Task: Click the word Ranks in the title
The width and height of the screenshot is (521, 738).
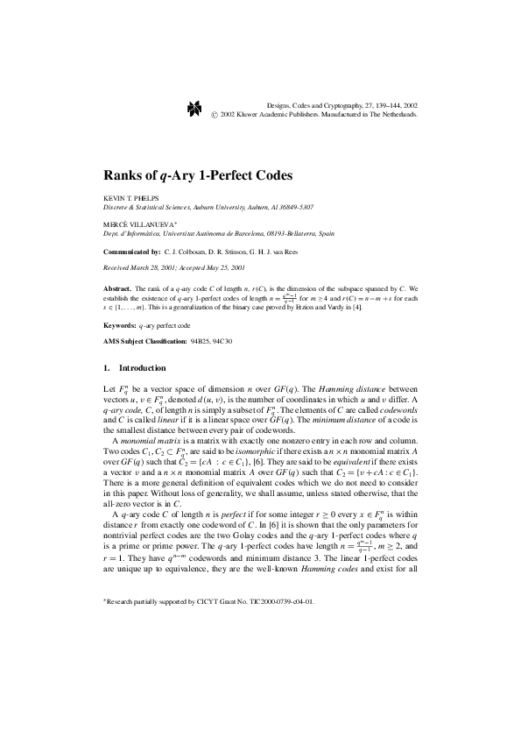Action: click(124, 174)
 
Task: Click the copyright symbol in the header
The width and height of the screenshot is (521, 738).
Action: click(215, 114)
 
